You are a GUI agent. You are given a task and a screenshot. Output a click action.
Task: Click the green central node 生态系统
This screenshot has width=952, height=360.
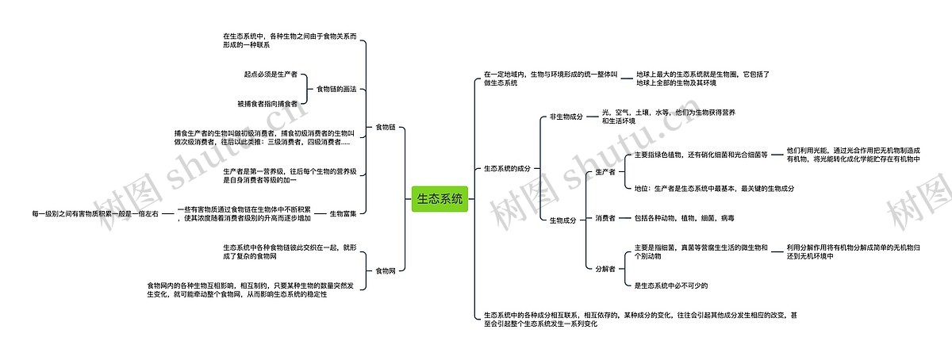point(440,199)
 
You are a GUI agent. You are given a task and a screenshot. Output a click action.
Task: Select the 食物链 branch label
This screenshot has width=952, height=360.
point(385,127)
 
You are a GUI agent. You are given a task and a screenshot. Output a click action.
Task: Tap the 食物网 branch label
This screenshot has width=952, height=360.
point(385,271)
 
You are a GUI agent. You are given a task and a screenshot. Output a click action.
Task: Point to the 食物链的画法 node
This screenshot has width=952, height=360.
point(336,89)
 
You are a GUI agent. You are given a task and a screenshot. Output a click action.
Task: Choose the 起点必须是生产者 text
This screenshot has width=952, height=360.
point(271,75)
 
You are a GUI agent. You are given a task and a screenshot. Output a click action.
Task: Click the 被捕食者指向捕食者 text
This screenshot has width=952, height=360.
point(267,104)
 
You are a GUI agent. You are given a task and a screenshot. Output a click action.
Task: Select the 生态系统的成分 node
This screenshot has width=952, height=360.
point(507,169)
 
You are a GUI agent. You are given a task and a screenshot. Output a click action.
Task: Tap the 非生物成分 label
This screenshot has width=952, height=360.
point(566,117)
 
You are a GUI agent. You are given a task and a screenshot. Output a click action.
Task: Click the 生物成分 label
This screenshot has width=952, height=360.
point(562,220)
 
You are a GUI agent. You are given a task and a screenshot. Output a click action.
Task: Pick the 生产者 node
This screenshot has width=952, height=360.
point(605,172)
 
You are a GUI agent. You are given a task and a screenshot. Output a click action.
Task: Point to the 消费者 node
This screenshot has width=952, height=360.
point(605,218)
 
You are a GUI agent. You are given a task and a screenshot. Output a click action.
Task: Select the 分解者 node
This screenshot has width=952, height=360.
point(605,269)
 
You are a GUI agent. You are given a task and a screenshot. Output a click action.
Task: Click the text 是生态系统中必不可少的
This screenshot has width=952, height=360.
point(670,285)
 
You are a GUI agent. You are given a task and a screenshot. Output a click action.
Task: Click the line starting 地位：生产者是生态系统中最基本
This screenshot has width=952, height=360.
point(714,189)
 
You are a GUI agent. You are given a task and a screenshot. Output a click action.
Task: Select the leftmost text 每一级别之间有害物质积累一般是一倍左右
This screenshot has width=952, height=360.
point(95,214)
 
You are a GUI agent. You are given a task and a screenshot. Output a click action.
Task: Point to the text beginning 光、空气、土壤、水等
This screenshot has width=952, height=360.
point(668,117)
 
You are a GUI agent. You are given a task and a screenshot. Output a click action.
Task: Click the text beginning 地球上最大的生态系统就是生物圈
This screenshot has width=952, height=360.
point(702,78)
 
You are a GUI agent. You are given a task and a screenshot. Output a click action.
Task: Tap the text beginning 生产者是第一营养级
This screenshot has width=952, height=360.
point(294,175)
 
